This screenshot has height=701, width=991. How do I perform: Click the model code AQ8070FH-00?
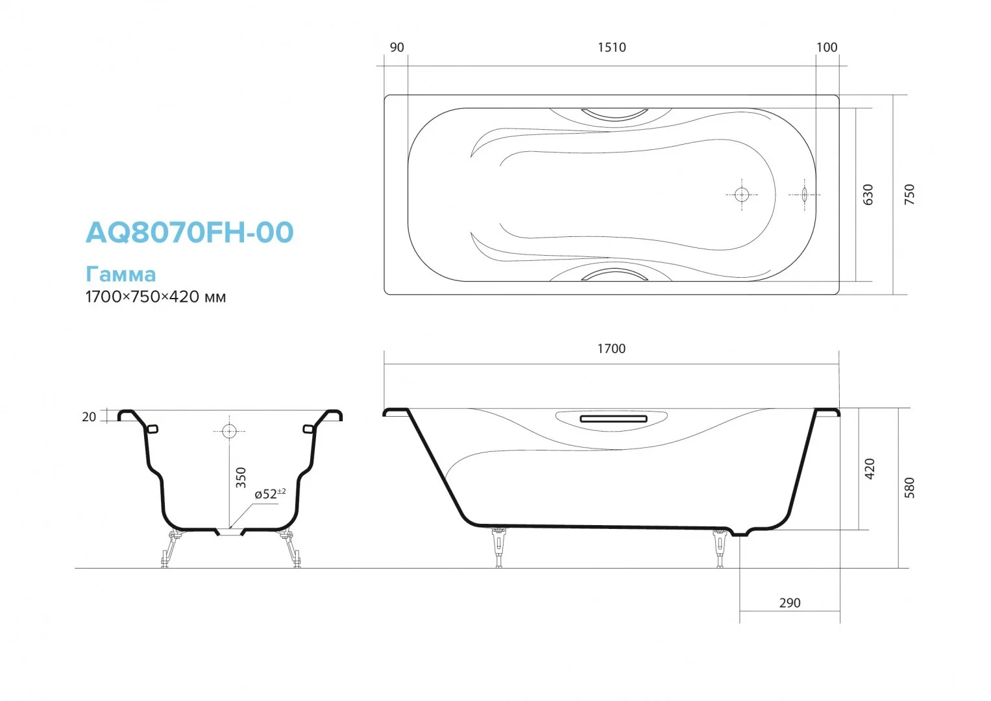(190, 232)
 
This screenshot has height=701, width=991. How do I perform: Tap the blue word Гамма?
(121, 275)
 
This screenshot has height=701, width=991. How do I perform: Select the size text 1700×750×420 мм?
(156, 297)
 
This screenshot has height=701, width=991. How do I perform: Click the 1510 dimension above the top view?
(612, 47)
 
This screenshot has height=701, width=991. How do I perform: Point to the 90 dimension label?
(397, 47)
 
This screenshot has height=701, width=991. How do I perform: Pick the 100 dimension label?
(827, 47)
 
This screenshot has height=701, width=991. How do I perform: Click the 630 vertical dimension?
(868, 195)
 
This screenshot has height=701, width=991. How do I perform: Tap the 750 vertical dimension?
(909, 195)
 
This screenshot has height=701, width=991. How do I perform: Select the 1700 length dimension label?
(611, 349)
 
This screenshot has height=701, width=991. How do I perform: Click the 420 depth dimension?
(870, 469)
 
